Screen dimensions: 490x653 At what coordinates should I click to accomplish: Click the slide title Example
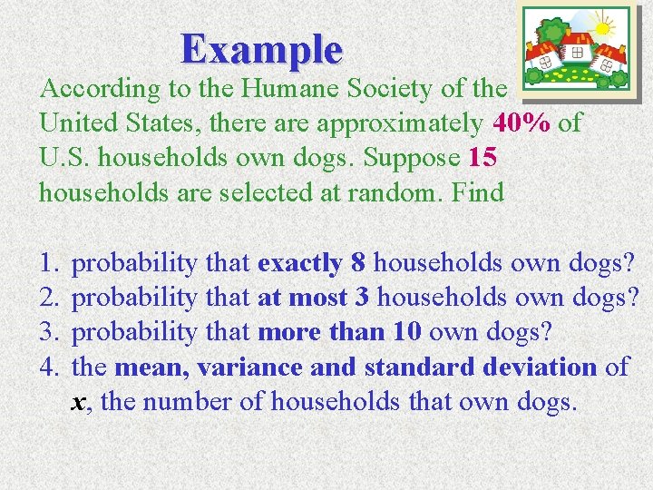coord(261,49)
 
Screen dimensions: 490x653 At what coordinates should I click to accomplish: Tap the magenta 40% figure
coord(521,122)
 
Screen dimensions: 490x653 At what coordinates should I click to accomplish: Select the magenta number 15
coord(482,157)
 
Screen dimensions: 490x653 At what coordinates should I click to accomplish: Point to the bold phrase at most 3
coord(314,298)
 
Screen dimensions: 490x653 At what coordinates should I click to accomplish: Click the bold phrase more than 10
coord(339,332)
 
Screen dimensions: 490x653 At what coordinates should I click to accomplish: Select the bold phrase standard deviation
coord(480,367)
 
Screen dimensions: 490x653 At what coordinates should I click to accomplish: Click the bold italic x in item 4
coord(79,401)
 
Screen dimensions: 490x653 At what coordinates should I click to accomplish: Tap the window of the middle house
coord(577,53)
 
